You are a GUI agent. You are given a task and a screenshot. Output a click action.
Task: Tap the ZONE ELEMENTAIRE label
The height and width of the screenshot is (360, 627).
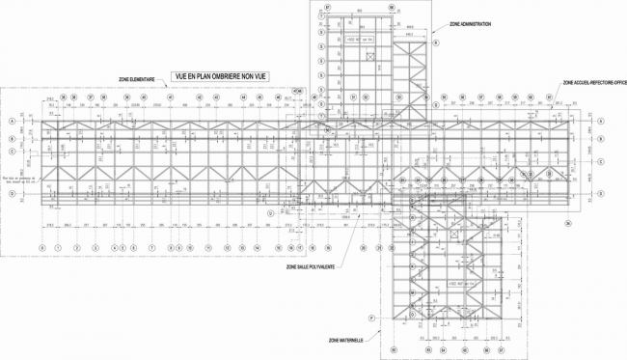pos(138,78)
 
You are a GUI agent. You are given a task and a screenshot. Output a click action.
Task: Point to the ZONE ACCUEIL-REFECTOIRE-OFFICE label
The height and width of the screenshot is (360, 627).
pos(592,84)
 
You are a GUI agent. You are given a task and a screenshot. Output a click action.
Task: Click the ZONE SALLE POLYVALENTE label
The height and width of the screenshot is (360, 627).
pos(311,268)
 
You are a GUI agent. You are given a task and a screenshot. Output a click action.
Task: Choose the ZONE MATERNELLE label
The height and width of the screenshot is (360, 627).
pos(345,341)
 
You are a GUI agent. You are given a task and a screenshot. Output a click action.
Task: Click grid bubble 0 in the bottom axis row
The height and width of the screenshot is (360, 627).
pos(42,247)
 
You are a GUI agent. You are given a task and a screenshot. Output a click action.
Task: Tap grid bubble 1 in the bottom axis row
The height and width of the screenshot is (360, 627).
pos(59,247)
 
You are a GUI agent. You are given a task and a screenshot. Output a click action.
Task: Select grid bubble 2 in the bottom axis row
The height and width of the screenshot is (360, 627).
pos(77,247)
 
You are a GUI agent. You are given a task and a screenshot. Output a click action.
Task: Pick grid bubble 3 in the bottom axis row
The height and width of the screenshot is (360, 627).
pos(95,247)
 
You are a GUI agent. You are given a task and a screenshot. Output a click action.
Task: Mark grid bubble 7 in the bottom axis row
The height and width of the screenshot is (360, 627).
pos(151,247)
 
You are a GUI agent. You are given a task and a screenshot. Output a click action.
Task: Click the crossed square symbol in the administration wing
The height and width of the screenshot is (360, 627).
pos(370,56)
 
